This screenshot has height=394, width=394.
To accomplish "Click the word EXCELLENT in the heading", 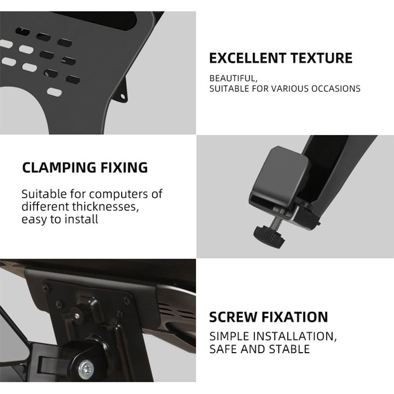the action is (248, 58).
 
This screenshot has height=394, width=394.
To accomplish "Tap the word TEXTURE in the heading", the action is (322, 58).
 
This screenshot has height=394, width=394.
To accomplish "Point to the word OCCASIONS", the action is (336, 89).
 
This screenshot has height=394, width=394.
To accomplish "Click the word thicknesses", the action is (105, 207).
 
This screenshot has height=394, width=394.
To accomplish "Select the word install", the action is (81, 219).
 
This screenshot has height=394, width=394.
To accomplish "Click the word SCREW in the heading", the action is (233, 317).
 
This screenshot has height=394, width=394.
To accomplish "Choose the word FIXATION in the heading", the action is (295, 317).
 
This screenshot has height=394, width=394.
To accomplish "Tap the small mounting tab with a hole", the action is (122, 93).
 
